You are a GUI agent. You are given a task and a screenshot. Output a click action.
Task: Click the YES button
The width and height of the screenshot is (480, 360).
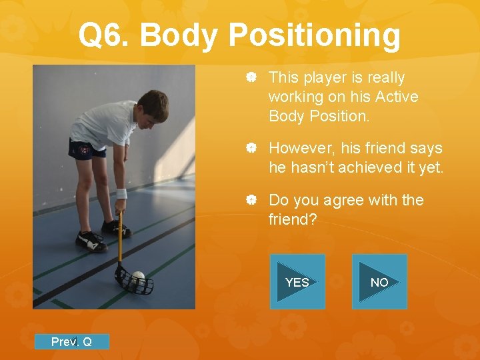click(297, 282)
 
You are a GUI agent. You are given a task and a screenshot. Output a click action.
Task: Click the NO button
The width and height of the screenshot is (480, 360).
click(379, 282)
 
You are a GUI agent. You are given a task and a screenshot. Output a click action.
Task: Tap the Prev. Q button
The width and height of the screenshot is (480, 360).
click(71, 342)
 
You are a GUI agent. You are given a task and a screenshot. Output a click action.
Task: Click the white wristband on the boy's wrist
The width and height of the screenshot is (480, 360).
click(121, 194)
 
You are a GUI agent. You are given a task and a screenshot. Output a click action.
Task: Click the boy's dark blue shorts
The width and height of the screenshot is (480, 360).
click(87, 148)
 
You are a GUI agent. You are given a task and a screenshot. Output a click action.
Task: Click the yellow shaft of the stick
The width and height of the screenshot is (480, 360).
click(120, 237)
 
